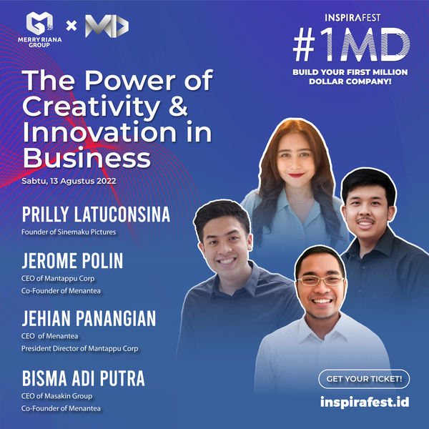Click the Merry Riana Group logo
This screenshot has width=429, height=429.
(39, 29)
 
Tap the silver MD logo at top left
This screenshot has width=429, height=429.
(107, 26)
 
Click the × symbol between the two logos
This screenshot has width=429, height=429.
(71, 26)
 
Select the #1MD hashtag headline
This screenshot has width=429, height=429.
(351, 44)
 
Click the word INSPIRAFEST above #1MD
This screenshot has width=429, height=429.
(352, 18)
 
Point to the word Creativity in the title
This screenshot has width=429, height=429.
(92, 107)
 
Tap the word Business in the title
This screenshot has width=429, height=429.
(87, 157)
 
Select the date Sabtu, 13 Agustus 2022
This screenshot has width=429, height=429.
(69, 181)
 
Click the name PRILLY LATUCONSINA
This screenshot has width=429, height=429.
(96, 214)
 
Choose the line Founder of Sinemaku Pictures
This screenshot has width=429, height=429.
(69, 232)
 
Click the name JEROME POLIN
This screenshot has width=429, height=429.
(72, 261)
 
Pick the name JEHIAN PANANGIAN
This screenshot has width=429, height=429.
(89, 318)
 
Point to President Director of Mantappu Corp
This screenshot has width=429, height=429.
(80, 349)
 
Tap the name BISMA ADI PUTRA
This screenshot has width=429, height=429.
(84, 378)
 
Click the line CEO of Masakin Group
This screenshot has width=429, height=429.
(57, 396)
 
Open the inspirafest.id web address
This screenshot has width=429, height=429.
(365, 402)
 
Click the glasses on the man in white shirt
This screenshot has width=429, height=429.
(320, 280)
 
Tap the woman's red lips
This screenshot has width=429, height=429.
(296, 175)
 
